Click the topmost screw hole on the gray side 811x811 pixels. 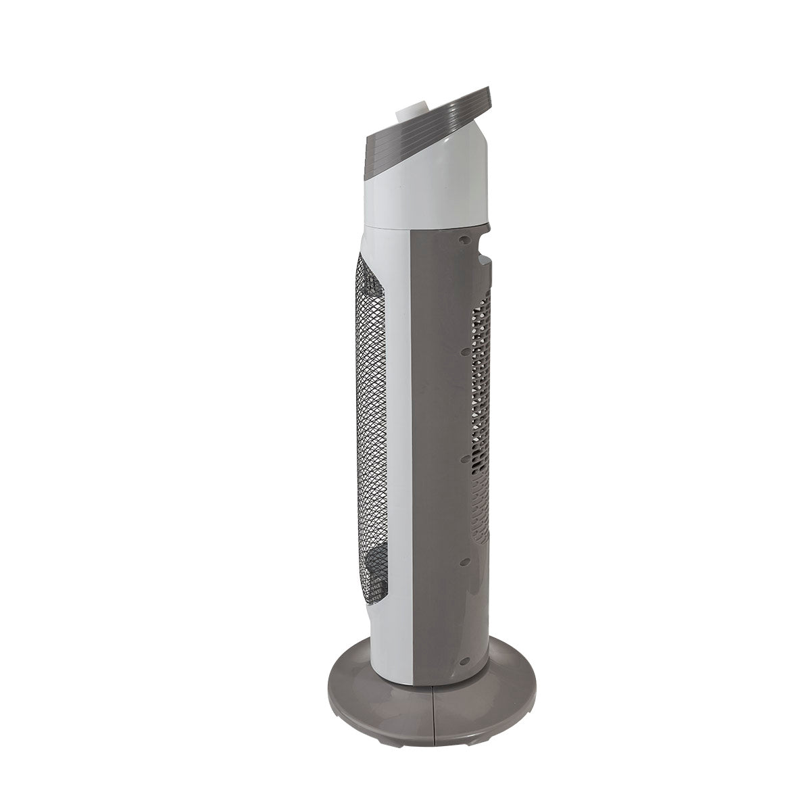tap(465, 239)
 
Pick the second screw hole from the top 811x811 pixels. tap(465, 351)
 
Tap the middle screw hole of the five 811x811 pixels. tap(465, 458)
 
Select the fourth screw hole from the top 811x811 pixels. tap(465, 561)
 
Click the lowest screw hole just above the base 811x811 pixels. tap(465, 663)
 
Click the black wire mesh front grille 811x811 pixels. tap(370, 433)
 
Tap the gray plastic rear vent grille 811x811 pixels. tap(481, 419)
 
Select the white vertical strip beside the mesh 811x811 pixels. tap(399, 433)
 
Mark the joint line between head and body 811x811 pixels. tap(426, 225)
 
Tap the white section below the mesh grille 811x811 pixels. tap(389, 635)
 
